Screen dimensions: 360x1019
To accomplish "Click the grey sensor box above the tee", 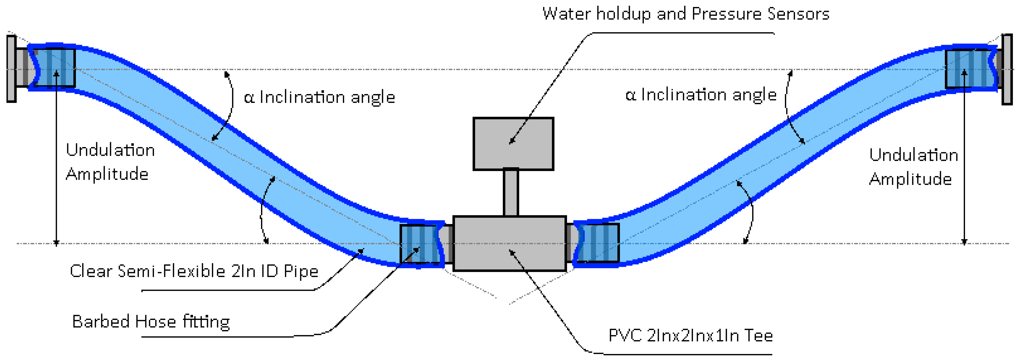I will pos(513,144).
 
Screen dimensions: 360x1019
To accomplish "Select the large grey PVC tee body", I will pos(509,243).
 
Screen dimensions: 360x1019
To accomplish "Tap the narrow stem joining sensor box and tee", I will pos(511,193).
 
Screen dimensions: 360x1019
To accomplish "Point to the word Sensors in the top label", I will pos(798,14).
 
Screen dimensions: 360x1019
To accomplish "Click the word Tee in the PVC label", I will pos(758,335).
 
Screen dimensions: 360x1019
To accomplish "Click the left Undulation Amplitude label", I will pos(110,162).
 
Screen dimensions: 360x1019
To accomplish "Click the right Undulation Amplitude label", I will pos(913,166).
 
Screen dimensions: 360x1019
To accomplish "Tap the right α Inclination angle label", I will pos(701,95).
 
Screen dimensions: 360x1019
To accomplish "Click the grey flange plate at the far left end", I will pos(11,69).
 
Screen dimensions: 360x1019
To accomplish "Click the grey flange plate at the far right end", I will pos(1007,70).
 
